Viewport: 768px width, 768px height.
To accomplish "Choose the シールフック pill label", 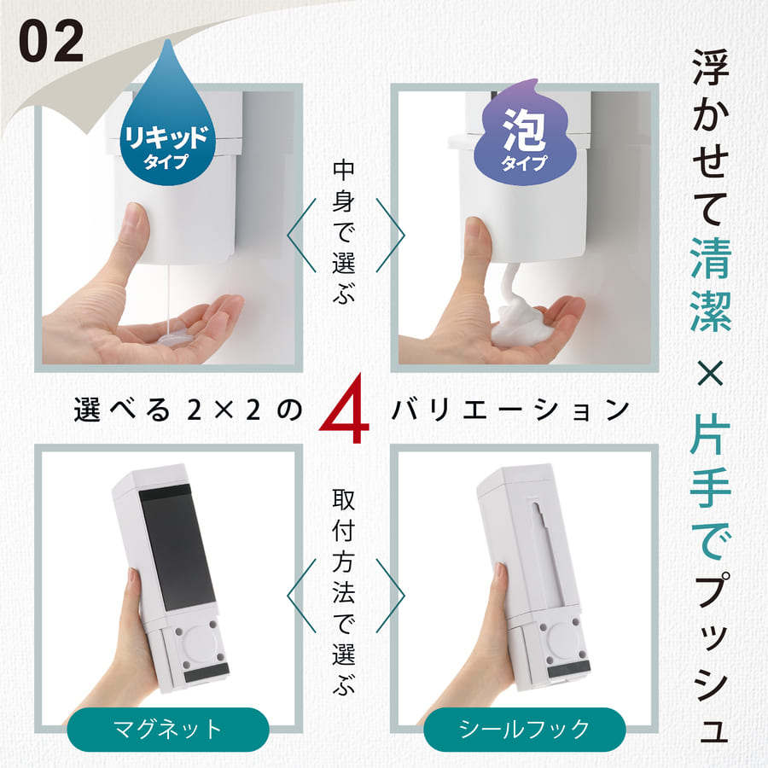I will [x=524, y=730].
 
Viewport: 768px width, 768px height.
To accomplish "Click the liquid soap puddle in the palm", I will [x=175, y=335].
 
